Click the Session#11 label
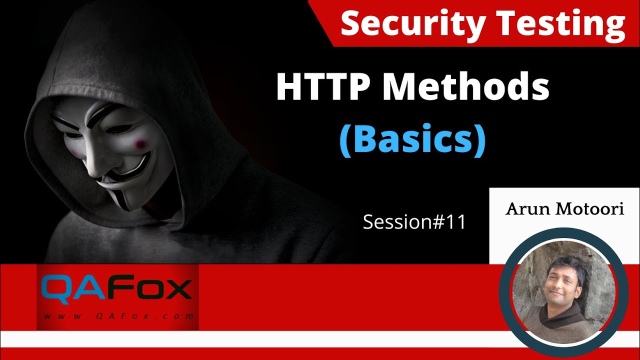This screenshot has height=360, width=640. (414, 222)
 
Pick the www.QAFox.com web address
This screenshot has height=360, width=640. (118, 316)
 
